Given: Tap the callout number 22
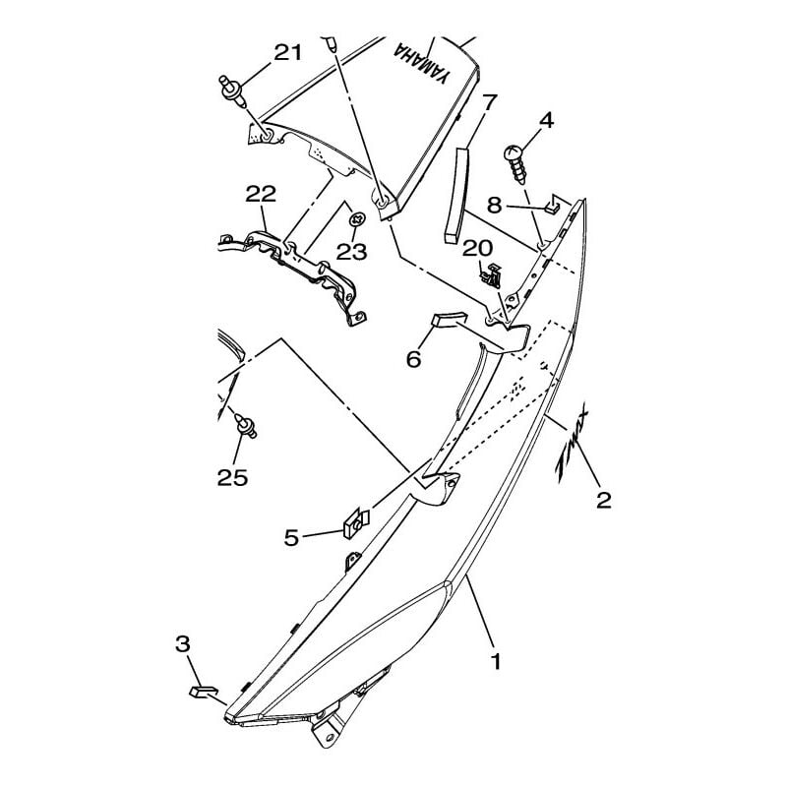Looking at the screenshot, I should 262,197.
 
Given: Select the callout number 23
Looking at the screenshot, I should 351,252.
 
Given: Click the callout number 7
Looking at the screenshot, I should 490,101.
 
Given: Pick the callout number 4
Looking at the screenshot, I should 546,121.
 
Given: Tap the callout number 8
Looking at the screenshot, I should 494,205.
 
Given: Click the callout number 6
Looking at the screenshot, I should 414,359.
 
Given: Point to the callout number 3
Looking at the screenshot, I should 183,644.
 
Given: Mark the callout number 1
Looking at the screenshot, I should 495,662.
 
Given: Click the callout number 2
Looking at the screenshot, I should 604,500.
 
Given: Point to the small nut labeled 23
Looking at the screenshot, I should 358,218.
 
